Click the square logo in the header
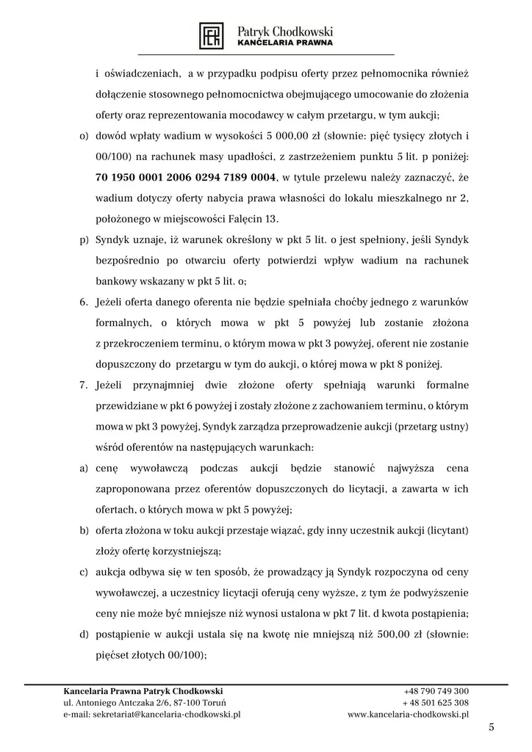pos(213,35)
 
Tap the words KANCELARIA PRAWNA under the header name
pos(285,43)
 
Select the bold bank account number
pos(186,178)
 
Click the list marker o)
pos(83,137)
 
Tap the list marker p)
pos(83,239)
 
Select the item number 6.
pos(84,302)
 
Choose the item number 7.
pos(84,385)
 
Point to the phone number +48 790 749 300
pos(436,691)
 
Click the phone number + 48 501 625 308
pos(436,702)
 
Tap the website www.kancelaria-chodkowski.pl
pos(408,714)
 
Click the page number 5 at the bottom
pos(492,727)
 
